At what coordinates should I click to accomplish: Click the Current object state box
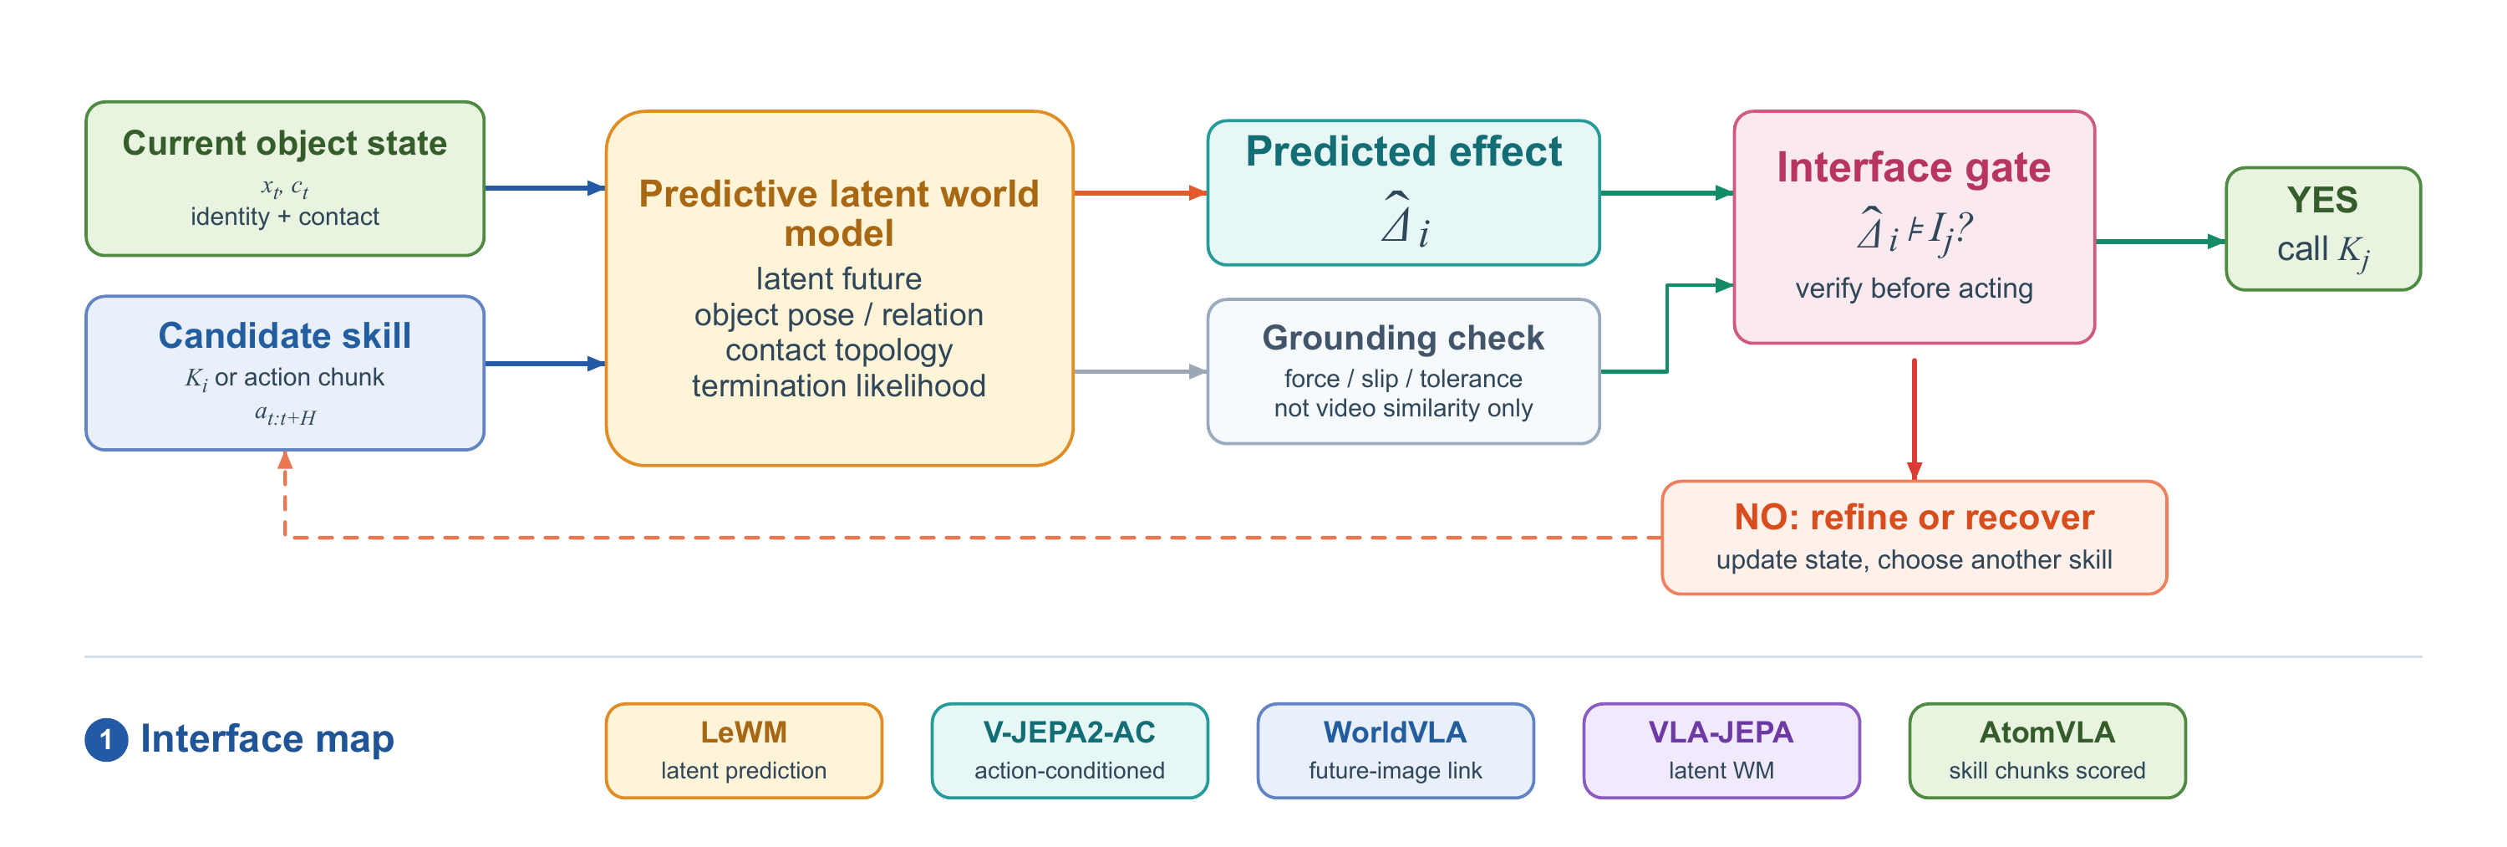285,179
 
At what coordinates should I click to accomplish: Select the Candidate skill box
285,373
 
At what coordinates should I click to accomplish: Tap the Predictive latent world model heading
839,213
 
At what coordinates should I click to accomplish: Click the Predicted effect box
1403,193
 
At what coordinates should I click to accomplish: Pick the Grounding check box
1403,371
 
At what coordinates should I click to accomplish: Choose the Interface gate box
1914,227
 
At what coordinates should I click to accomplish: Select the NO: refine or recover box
1914,538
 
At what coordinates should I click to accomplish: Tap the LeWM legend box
744,751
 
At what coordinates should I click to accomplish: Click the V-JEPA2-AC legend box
1070,751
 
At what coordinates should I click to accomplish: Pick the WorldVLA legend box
1396,751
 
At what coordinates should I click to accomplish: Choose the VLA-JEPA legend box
1721,751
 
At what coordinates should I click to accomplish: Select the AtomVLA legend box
2047,751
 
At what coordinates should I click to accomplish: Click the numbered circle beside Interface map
106,740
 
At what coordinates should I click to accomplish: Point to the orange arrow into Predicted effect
1141,193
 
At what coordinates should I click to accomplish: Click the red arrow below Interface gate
1915,420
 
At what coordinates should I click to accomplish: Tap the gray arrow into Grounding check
1141,371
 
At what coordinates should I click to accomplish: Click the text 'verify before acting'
1914,288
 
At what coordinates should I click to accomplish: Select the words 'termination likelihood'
839,385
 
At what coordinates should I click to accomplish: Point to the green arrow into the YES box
2160,242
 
